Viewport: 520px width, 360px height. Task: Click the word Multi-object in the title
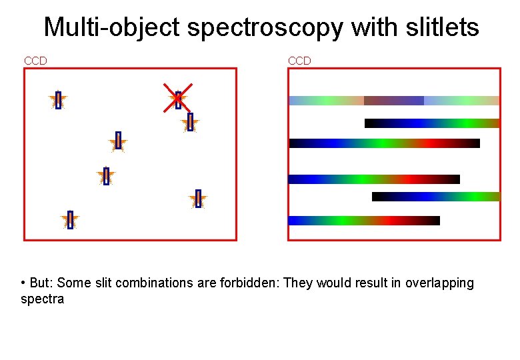(x=111, y=28)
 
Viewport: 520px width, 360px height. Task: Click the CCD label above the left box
(x=35, y=61)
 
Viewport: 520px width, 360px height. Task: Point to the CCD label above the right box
(x=299, y=61)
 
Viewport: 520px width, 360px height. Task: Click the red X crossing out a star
(x=178, y=97)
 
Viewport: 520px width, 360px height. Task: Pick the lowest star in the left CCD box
(x=70, y=220)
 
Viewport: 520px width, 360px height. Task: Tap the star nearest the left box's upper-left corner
(x=58, y=100)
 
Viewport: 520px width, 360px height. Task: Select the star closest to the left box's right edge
(x=198, y=199)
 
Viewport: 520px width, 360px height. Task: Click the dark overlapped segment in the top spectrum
(x=393, y=101)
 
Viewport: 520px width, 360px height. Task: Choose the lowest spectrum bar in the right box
(x=364, y=221)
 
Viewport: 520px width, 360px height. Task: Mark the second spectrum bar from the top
(x=432, y=123)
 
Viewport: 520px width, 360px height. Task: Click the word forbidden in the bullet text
(x=251, y=283)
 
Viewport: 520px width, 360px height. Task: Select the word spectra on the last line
(x=43, y=299)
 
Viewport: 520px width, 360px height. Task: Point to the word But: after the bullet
(x=41, y=283)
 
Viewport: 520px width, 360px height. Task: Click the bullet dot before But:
(x=23, y=283)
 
